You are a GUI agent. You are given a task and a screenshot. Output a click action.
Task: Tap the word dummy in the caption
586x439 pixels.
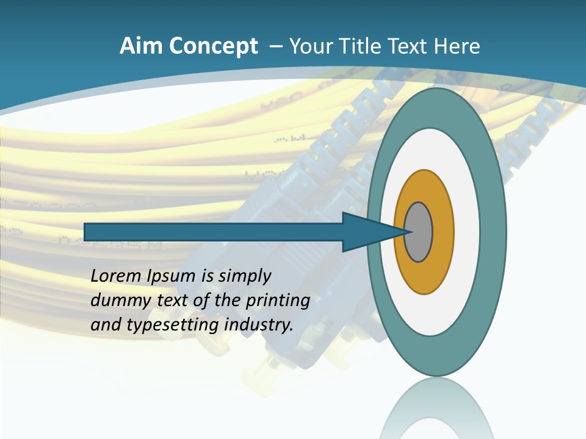[115, 301]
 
